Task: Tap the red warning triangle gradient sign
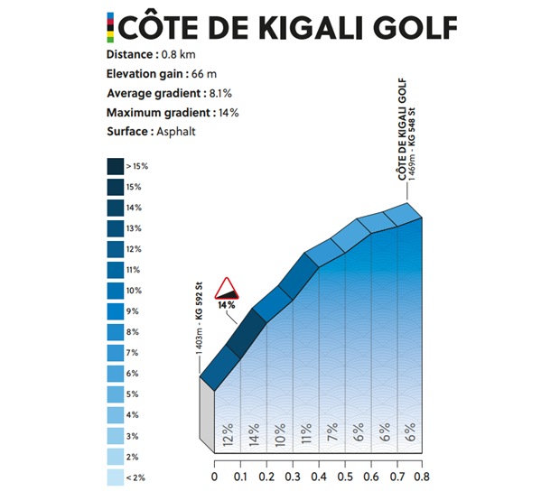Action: pyautogui.click(x=226, y=289)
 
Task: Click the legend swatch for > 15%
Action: pyautogui.click(x=116, y=166)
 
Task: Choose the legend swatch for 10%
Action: pyautogui.click(x=116, y=291)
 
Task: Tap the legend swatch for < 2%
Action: pyautogui.click(x=116, y=477)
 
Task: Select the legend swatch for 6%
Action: pyautogui.click(x=116, y=374)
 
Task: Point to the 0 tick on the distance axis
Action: pyautogui.click(x=214, y=476)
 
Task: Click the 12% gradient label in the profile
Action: pyautogui.click(x=228, y=436)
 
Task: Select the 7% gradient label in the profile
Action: pyautogui.click(x=332, y=436)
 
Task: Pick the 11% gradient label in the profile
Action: pyautogui.click(x=306, y=436)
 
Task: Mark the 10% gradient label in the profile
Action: pyautogui.click(x=280, y=436)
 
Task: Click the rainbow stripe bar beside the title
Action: pyautogui.click(x=110, y=26)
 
